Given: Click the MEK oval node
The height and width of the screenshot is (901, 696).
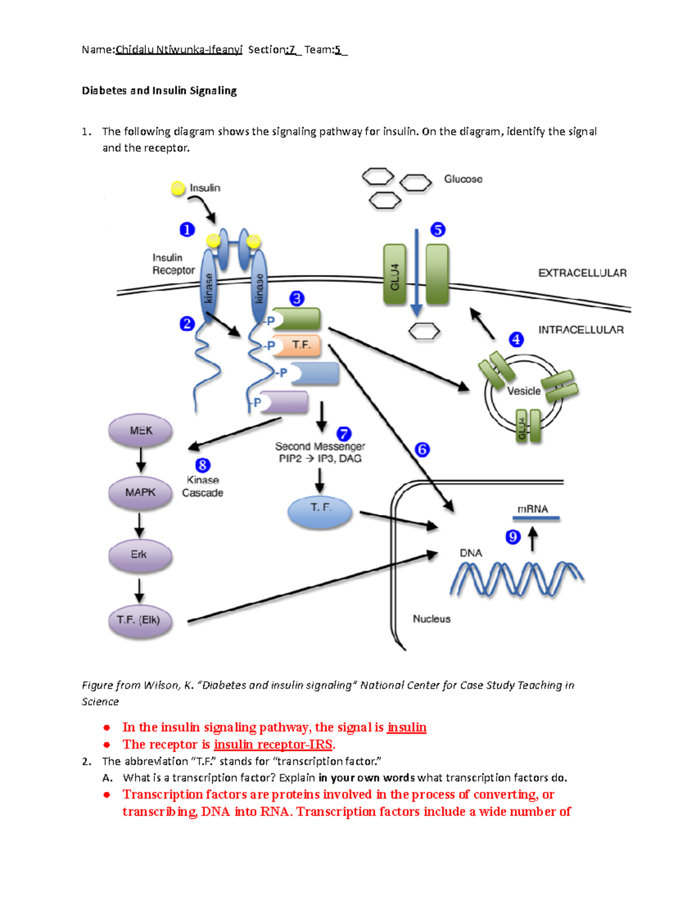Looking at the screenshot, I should pos(140,430).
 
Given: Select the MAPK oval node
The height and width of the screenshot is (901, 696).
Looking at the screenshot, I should pos(140,492).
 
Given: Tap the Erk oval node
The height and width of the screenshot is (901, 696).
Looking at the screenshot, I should pos(140,555).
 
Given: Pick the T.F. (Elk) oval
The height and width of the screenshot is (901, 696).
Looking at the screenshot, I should pos(140,620).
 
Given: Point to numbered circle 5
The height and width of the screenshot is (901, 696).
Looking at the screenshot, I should pos(438,230).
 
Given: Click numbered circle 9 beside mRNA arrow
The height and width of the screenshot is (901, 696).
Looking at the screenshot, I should pos(513,537).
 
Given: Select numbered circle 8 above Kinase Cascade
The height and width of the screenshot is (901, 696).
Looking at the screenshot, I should pos(202,465).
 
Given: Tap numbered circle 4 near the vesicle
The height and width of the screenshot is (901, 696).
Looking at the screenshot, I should pos(516,339).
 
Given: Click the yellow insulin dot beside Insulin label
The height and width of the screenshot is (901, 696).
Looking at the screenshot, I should pos(178,188).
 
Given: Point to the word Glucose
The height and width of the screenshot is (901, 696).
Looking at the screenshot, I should pos(463,179).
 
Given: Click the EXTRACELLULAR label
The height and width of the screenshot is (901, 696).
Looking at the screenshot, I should pos(582,273).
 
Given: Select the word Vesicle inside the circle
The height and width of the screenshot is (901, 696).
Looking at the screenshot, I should pos(524,391).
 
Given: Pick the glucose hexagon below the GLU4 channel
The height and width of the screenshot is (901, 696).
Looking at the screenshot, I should pos(424,332).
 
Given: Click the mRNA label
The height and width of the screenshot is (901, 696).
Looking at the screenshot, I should pos(532,509).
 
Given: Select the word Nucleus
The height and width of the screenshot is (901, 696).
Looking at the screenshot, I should pos(432,619).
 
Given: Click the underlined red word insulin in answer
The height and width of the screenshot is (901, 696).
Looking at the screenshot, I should pos(407,728).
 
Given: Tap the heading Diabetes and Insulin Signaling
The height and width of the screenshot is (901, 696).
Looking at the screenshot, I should pos(159,91).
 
